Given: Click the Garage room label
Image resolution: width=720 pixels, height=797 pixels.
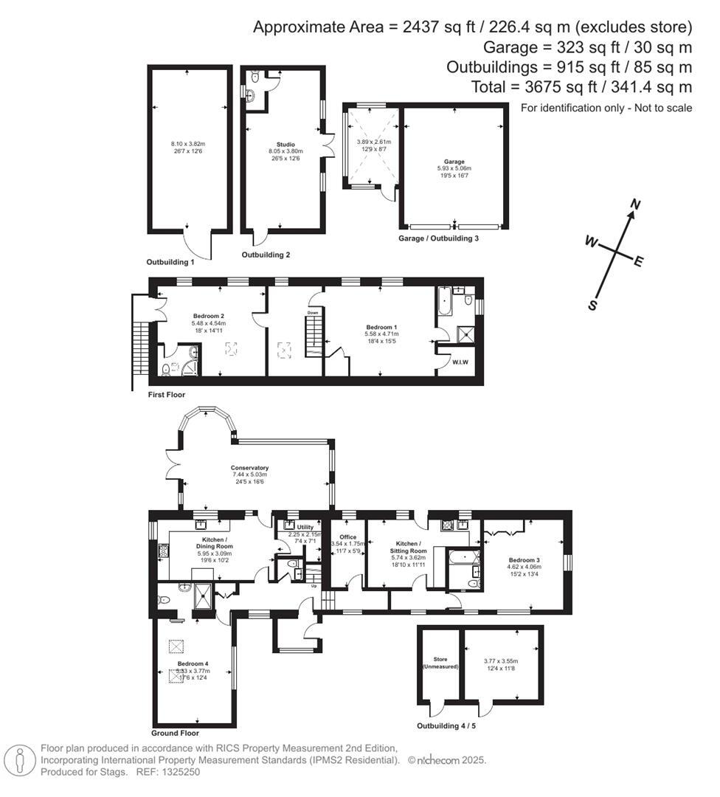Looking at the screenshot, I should click(x=454, y=161).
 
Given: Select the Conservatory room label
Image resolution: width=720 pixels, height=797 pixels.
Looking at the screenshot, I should click(x=249, y=468).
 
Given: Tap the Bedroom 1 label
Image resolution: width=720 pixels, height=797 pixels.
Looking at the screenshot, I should click(x=381, y=325).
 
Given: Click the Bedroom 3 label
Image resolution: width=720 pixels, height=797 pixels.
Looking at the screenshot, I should click(x=525, y=560).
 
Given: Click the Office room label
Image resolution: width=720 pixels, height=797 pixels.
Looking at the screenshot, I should click(x=347, y=537).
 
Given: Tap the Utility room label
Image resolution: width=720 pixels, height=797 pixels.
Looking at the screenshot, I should click(x=305, y=527).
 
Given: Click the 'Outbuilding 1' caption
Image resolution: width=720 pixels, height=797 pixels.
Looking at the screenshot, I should click(x=170, y=262).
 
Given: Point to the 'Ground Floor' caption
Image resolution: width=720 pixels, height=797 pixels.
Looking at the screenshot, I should click(x=175, y=734).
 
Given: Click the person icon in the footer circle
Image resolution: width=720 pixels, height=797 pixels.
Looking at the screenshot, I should click(x=20, y=759).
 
